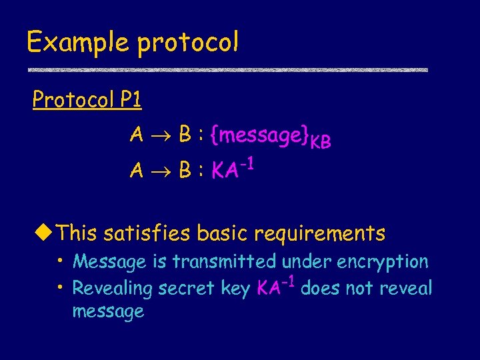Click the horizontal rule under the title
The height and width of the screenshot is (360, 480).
(227, 69)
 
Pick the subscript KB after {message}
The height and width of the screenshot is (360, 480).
(321, 142)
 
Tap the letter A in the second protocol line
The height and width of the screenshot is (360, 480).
(137, 171)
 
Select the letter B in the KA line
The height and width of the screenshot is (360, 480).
(186, 171)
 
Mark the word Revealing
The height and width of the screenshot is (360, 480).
(113, 289)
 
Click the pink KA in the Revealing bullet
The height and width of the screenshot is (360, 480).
(269, 288)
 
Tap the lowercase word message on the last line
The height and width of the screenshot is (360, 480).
(107, 311)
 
